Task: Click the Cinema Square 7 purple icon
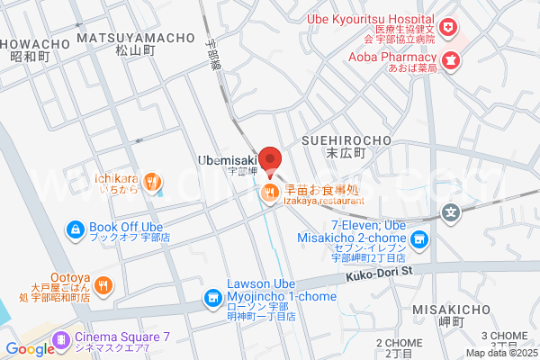(x=61, y=339)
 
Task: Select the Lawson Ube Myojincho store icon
(x=212, y=296)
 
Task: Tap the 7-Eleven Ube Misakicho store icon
(x=418, y=239)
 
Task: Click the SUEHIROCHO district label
(x=346, y=140)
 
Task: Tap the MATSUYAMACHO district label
(x=136, y=38)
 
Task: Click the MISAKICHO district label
(x=437, y=308)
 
